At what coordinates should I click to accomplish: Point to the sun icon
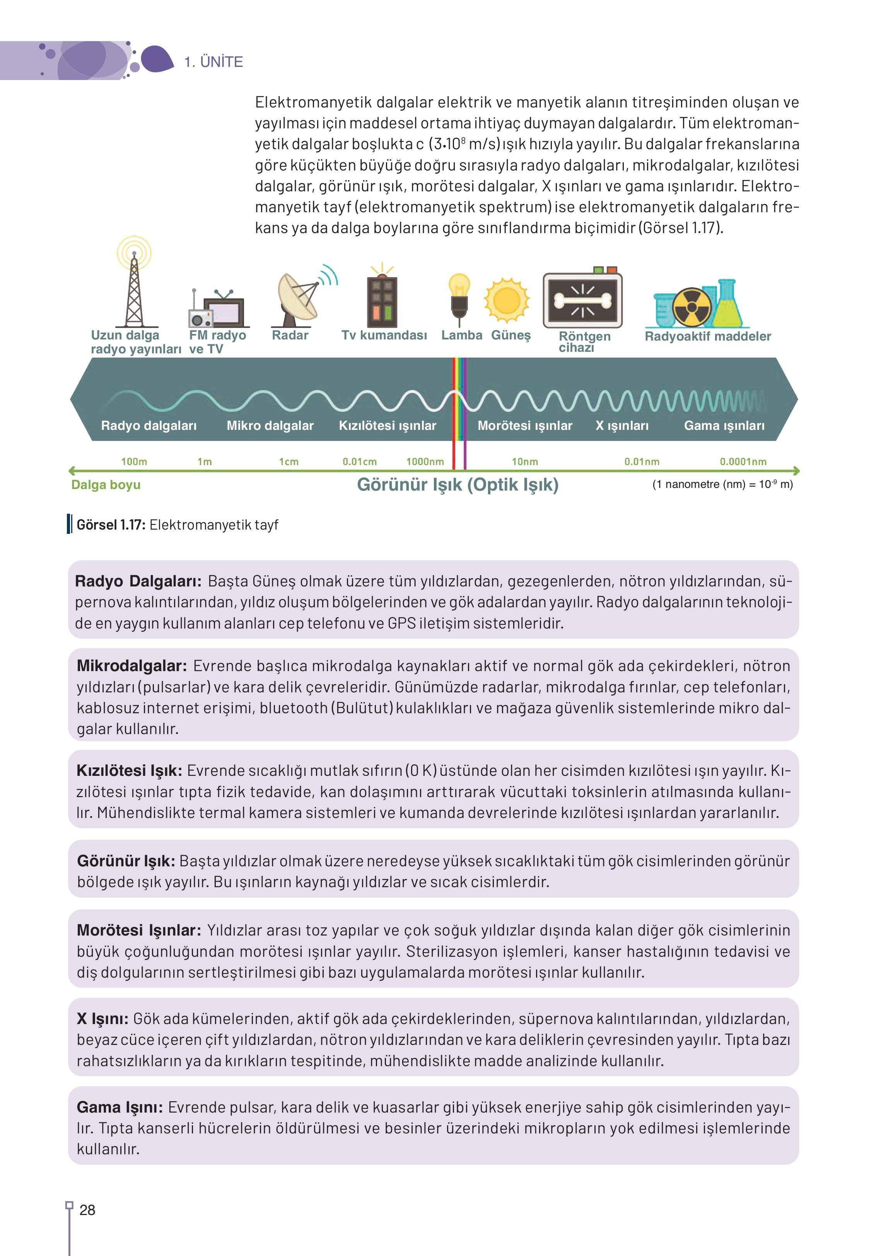click(x=506, y=300)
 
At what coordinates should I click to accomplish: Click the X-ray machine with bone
click(x=583, y=300)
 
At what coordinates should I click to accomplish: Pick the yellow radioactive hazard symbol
click(x=692, y=307)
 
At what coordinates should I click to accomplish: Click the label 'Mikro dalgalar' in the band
click(x=270, y=426)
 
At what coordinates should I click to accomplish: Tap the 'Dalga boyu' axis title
click(x=106, y=485)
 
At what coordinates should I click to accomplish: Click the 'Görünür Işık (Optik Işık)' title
click(x=457, y=484)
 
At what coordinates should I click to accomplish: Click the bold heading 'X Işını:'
click(x=102, y=1019)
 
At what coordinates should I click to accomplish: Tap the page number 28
click(x=87, y=1210)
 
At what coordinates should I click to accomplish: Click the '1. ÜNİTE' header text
click(x=213, y=62)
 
